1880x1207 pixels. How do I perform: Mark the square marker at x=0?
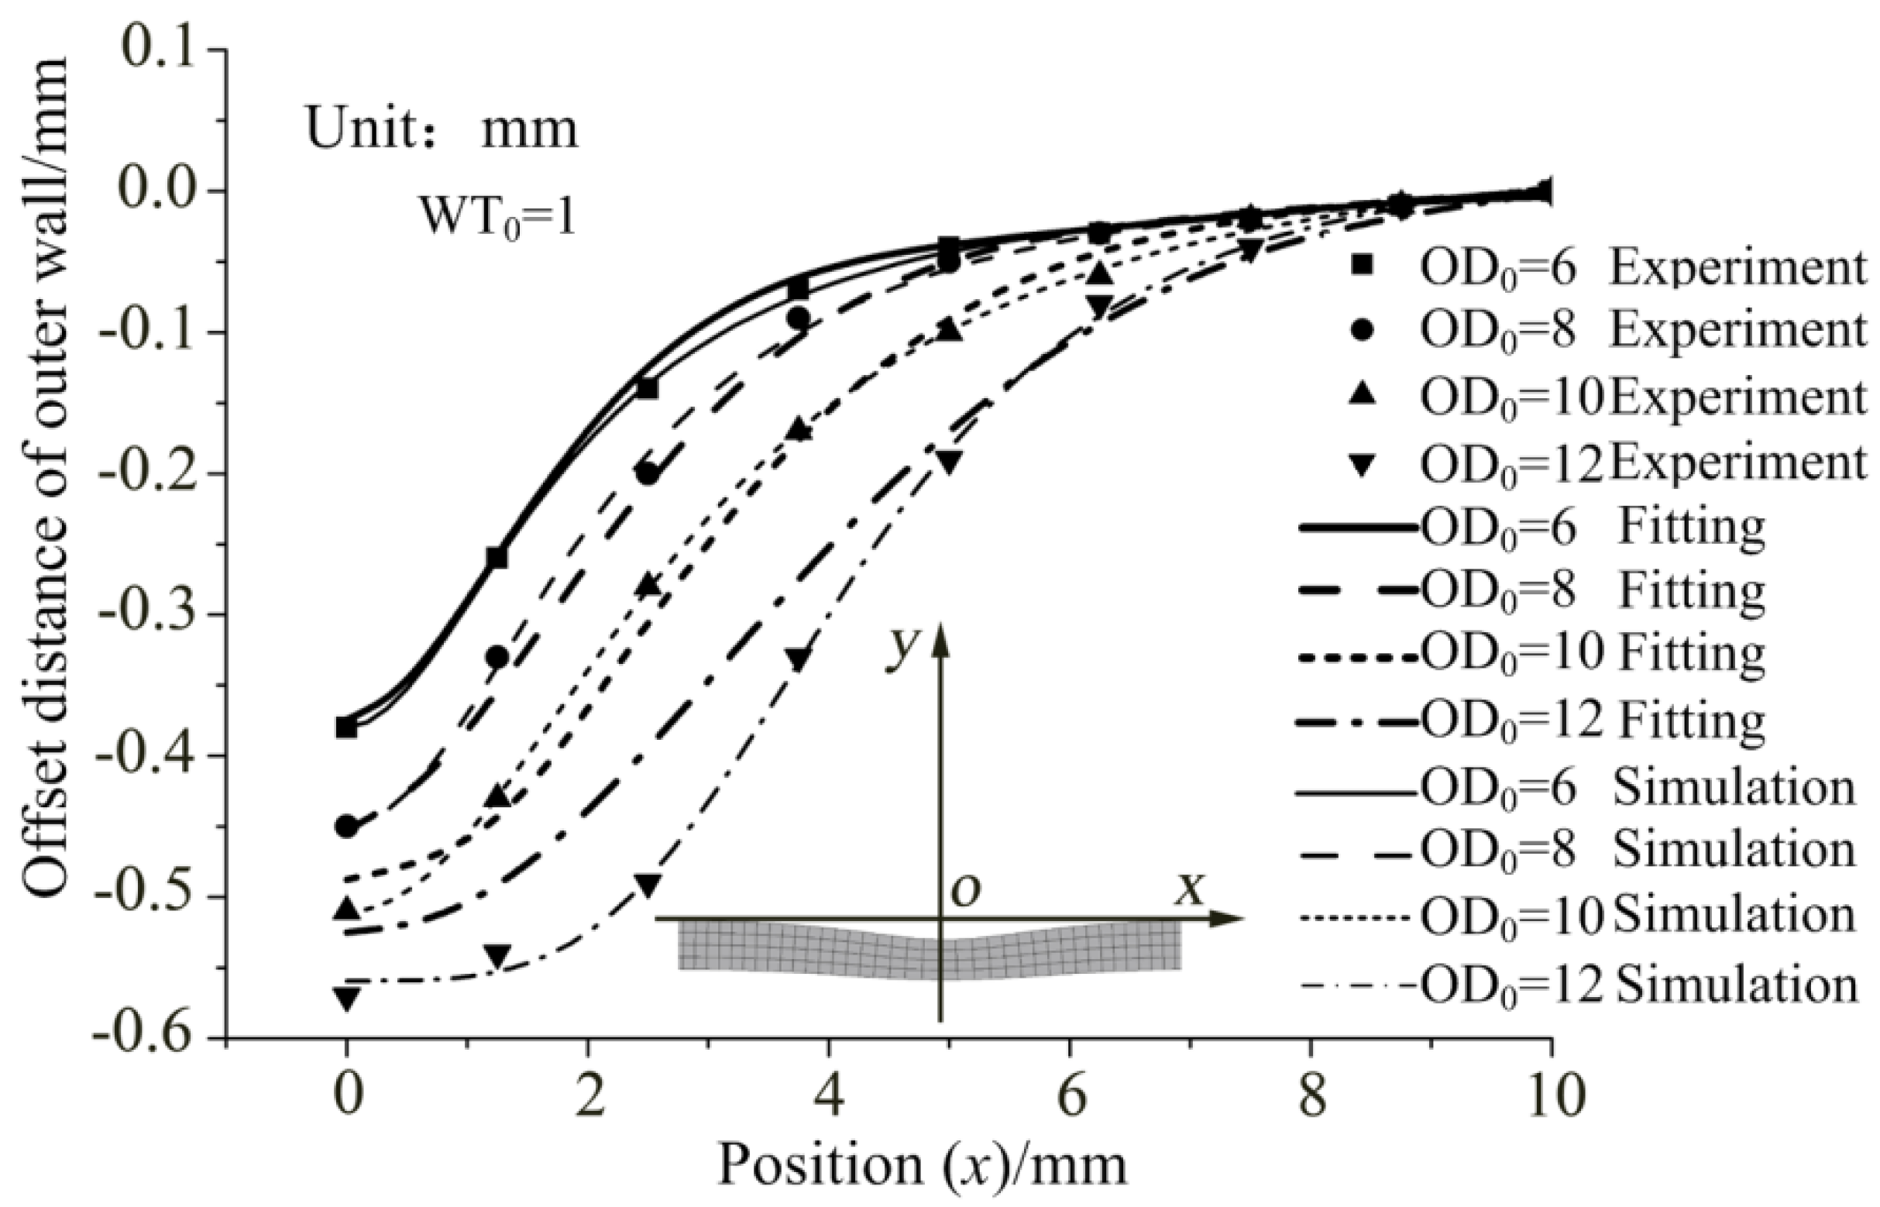point(346,728)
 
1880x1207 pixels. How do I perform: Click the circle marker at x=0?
point(346,827)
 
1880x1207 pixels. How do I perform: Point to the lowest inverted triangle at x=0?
point(346,998)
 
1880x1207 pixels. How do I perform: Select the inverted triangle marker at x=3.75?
point(798,659)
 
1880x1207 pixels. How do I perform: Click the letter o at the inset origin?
point(965,891)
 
